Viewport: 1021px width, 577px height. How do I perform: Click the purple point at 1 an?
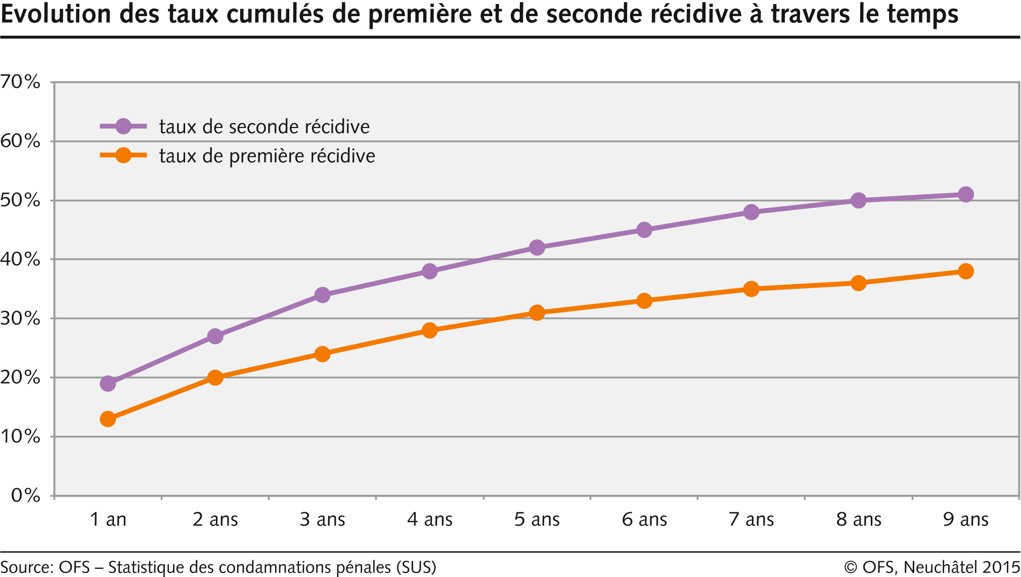108,383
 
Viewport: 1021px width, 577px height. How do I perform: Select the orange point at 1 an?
108,419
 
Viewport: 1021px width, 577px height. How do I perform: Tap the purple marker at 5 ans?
537,248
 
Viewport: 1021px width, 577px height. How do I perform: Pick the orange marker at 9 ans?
965,272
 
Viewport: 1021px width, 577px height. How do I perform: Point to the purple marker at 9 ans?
965,195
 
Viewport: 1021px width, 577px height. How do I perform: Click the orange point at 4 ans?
429,331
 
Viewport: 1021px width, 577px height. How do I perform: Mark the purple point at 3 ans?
322,295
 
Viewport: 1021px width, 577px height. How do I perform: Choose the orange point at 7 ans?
751,289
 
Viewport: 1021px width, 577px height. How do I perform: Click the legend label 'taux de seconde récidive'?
264,126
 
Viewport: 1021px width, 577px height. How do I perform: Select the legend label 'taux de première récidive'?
267,156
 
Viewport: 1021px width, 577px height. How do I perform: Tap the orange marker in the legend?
123,155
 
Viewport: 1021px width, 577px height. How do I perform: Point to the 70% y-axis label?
20,81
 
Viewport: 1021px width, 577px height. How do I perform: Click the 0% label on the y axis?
25,495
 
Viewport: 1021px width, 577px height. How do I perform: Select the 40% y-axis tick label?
20,259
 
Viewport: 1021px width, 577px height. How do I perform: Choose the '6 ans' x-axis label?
644,519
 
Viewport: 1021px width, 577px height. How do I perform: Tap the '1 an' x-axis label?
108,519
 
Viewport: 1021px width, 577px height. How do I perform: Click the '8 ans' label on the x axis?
859,519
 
